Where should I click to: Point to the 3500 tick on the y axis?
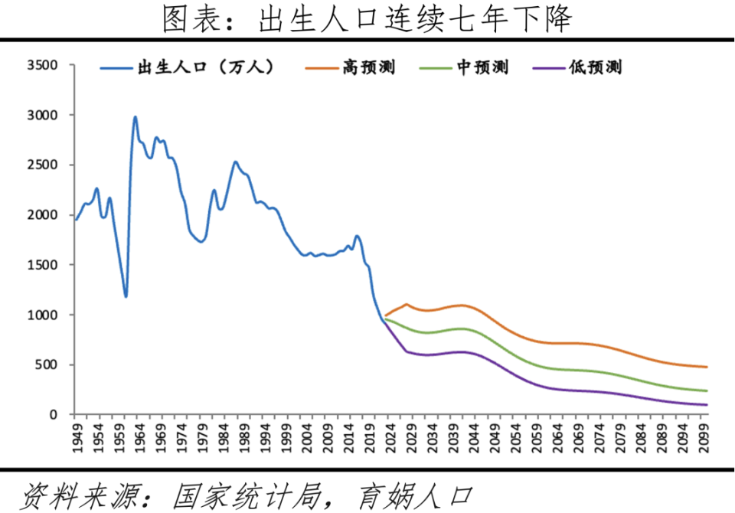click(43, 65)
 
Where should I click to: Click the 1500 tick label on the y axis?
click(43, 265)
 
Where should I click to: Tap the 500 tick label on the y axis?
click(47, 365)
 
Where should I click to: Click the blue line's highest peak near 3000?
click(135, 117)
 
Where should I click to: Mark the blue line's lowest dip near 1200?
click(126, 296)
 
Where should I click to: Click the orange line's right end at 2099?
click(706, 367)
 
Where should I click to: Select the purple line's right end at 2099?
click(706, 405)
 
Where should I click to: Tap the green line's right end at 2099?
click(706, 391)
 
